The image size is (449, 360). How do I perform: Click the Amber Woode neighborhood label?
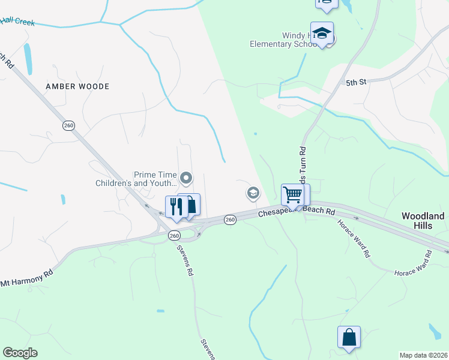tap(77, 86)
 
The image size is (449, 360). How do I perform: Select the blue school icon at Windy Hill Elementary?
tap(322, 34)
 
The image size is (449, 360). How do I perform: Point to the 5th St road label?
tap(355, 82)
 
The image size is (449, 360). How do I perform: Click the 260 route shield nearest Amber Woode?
tap(68, 125)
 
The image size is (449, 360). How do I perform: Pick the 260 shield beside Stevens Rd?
tap(174, 235)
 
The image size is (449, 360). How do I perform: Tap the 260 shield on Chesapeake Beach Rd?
tap(230, 220)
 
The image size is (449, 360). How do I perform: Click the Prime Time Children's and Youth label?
tap(138, 178)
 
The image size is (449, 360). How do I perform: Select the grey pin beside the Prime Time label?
tap(186, 178)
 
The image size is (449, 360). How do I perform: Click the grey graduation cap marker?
tap(253, 193)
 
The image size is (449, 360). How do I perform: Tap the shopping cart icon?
tap(292, 194)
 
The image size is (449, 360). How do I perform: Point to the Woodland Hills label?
tap(423, 220)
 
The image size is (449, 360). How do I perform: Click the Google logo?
tap(20, 353)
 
